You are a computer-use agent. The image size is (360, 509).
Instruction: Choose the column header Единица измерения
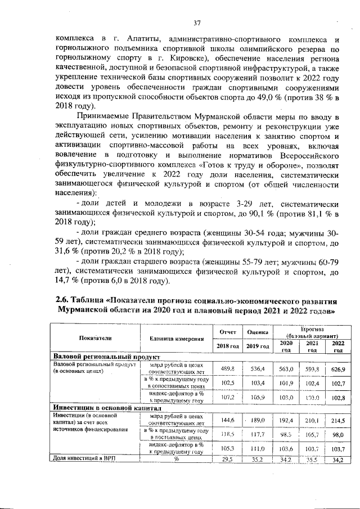[x=177, y=339]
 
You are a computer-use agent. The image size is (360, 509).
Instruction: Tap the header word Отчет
[x=227, y=332]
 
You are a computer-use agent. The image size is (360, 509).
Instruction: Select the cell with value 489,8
[x=227, y=368]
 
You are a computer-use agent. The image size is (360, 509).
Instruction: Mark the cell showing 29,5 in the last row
[x=227, y=460]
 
